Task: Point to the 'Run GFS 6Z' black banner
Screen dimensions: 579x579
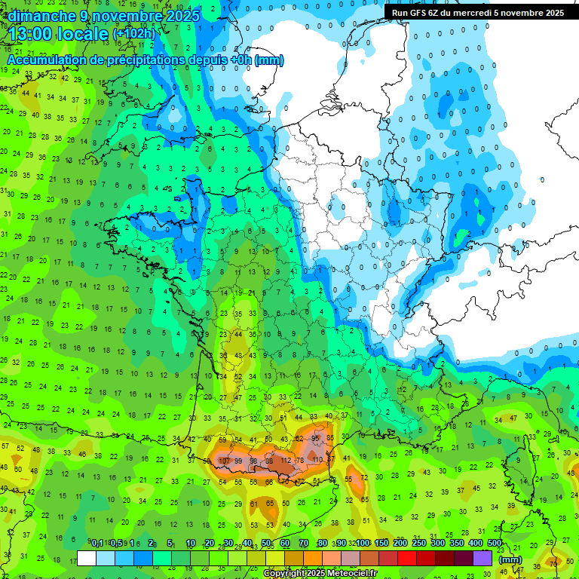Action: [x=475, y=13]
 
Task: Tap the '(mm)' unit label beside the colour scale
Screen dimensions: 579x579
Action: [x=510, y=559]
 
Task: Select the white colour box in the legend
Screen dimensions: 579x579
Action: [x=87, y=559]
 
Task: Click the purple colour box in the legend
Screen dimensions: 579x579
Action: [x=482, y=559]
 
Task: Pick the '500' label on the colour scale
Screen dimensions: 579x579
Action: [x=495, y=544]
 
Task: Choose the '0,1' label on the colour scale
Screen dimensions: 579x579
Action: [x=97, y=544]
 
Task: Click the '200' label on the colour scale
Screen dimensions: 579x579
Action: [x=400, y=544]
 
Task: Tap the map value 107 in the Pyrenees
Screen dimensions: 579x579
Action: [x=224, y=461]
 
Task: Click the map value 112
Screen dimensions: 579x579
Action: [x=285, y=461]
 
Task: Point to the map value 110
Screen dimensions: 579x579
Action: [x=317, y=459]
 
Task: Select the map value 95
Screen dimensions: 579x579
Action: [x=316, y=438]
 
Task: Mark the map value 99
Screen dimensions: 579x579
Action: [x=238, y=461]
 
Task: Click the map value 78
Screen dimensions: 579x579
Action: [x=299, y=461]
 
